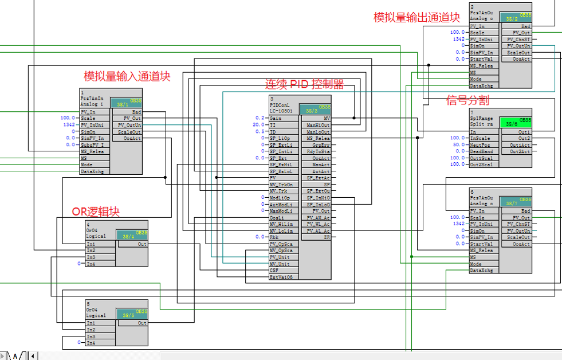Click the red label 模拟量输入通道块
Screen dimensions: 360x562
tap(127, 76)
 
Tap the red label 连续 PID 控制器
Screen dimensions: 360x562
tap(304, 85)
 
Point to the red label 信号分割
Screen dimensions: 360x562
tap(467, 101)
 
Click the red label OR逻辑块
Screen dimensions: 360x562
tap(96, 212)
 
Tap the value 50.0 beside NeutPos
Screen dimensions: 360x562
tap(458, 145)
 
